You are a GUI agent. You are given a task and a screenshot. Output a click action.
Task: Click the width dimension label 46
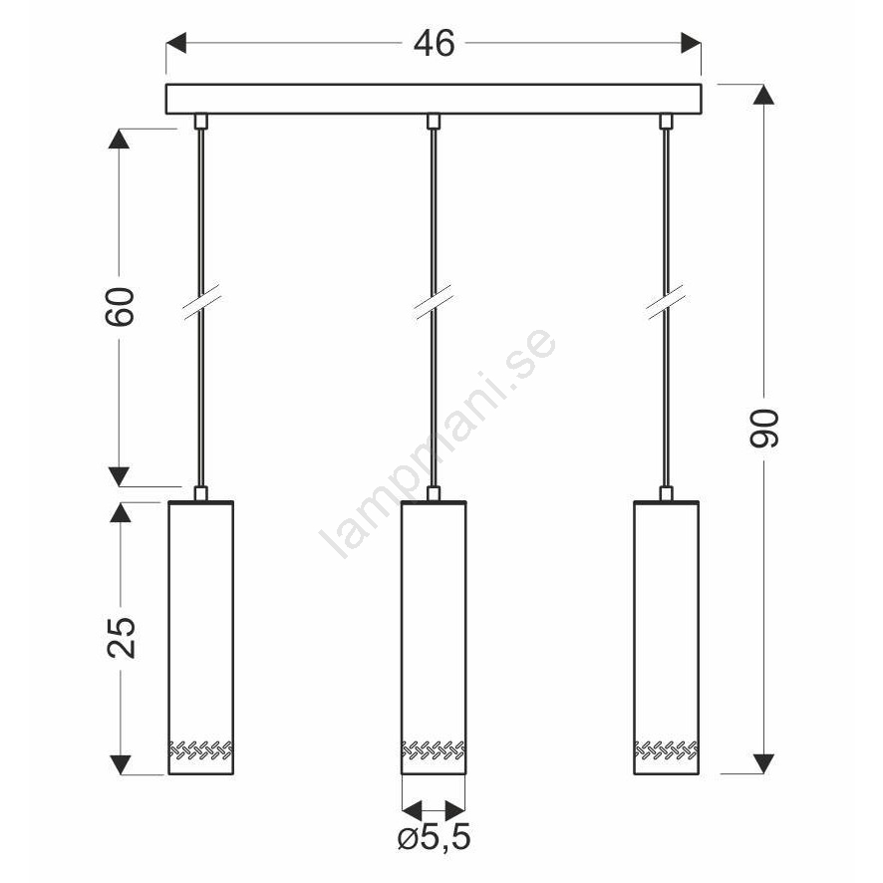click(434, 44)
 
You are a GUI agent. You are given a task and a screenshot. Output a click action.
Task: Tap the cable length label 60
click(120, 307)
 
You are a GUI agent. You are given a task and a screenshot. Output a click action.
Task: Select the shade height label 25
click(122, 638)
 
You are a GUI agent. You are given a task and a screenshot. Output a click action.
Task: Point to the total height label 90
click(764, 429)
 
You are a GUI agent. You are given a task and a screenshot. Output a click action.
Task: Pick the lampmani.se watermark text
click(439, 442)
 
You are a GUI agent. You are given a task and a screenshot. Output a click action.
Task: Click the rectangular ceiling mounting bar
click(434, 99)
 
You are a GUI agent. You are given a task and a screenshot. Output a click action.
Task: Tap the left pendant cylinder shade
click(201, 638)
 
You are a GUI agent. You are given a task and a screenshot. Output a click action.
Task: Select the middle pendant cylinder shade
click(434, 638)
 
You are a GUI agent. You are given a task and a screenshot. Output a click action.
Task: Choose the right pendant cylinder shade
click(666, 638)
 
